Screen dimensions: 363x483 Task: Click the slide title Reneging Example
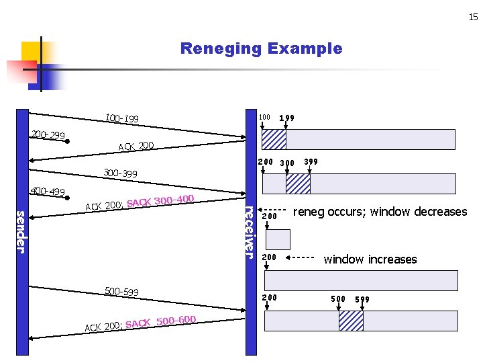(261, 48)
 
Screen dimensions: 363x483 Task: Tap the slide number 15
(473, 17)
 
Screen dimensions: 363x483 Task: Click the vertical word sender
(21, 232)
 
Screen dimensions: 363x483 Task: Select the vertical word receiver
(250, 231)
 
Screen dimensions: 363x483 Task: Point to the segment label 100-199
(122, 119)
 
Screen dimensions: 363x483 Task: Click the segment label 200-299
(48, 135)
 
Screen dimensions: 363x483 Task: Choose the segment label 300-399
(120, 173)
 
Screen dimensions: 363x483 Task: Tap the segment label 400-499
(48, 192)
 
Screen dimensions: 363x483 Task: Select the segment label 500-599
(121, 291)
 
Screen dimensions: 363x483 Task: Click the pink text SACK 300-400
(160, 200)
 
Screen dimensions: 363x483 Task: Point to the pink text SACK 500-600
(160, 322)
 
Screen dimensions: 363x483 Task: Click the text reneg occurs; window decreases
(380, 212)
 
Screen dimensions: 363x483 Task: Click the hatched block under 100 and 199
(274, 139)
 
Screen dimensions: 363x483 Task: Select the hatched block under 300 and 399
(298, 184)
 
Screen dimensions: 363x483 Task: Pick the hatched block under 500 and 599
(351, 321)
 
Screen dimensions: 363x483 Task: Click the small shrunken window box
(278, 239)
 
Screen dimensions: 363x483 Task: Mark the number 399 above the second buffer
(311, 162)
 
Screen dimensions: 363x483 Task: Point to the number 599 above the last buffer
(362, 299)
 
